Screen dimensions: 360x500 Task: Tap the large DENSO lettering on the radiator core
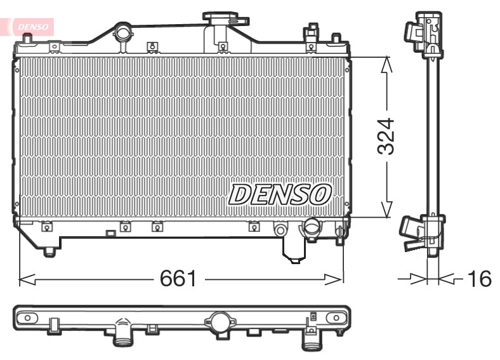[x=280, y=194]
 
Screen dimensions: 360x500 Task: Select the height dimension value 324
[x=386, y=136]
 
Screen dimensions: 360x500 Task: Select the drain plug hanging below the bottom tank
[x=293, y=256]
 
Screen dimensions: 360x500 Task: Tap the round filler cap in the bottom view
[x=220, y=322]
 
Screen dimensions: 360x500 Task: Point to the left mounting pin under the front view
[x=49, y=252]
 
